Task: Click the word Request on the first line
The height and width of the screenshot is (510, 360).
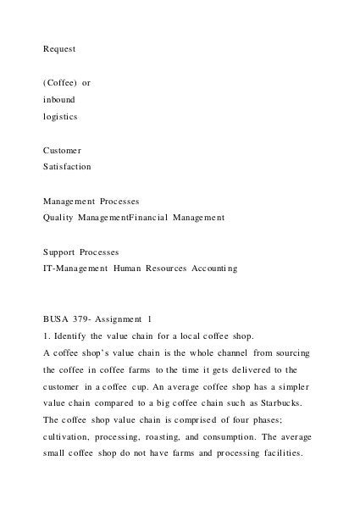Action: coord(59,49)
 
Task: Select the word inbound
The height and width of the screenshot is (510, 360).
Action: coord(60,100)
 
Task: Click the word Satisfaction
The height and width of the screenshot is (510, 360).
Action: coord(68,167)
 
